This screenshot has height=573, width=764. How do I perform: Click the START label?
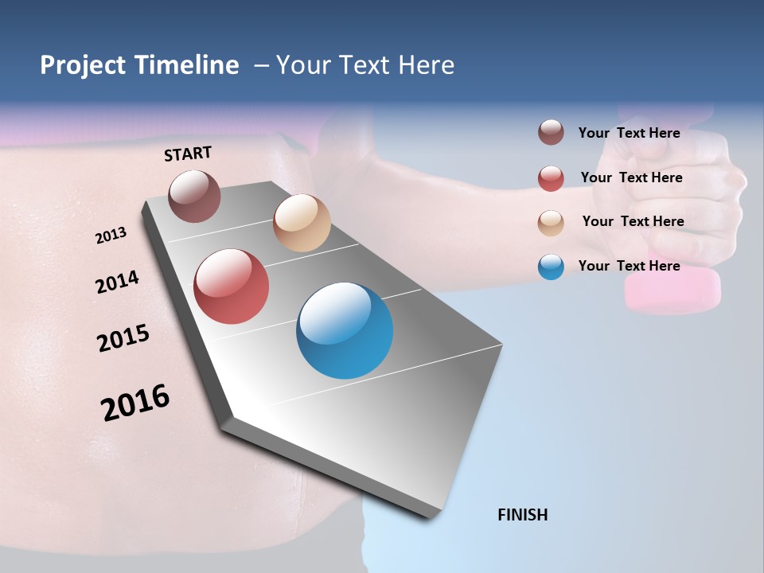tap(188, 154)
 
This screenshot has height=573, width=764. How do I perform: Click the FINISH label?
tap(522, 515)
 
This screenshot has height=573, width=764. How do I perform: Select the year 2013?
tap(111, 236)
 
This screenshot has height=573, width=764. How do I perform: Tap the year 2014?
tap(117, 282)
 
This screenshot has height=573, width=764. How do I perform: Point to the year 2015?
tap(123, 338)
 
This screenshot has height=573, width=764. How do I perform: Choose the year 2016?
tap(135, 402)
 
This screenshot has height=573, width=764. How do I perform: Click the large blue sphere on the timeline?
tap(345, 330)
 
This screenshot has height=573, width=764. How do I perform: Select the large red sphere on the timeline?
tap(231, 286)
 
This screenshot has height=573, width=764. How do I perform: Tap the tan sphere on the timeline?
tap(302, 223)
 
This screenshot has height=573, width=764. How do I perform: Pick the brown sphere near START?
tap(194, 196)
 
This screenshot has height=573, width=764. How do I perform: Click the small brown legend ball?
tap(551, 133)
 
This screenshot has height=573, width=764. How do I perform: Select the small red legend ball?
tap(551, 178)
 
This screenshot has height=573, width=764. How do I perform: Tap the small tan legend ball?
tap(551, 223)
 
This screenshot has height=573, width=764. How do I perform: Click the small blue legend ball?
tap(551, 267)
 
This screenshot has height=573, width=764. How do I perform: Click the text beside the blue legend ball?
tap(629, 266)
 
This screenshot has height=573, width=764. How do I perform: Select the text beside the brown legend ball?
tap(629, 133)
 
